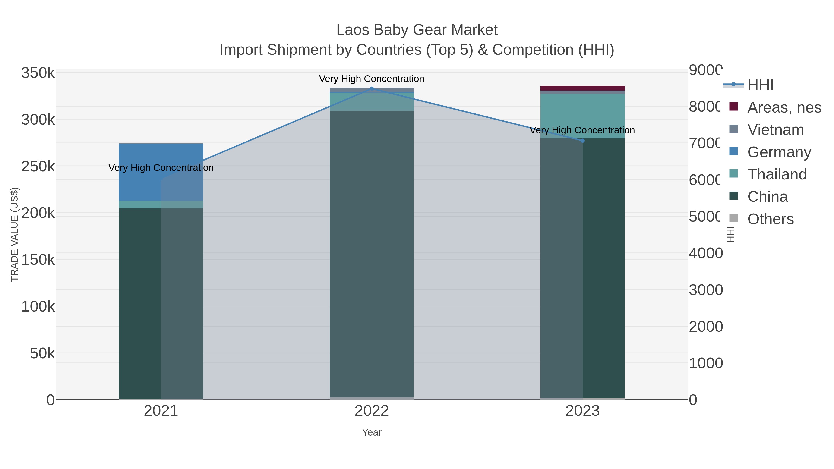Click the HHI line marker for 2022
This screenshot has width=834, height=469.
(372, 88)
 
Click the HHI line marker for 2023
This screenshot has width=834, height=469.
(582, 141)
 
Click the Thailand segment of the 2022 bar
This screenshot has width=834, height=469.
(372, 102)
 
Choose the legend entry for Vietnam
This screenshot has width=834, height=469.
(775, 130)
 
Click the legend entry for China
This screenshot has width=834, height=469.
(767, 197)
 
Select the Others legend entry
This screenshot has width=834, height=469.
(770, 219)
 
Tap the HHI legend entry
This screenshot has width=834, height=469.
(760, 85)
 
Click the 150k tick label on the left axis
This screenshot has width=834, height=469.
(38, 260)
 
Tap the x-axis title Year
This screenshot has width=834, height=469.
(372, 432)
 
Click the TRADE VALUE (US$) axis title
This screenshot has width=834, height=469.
(14, 234)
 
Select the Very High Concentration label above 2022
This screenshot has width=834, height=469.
(372, 79)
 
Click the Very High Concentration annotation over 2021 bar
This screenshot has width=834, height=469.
(161, 168)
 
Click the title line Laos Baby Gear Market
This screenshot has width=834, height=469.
(417, 30)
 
